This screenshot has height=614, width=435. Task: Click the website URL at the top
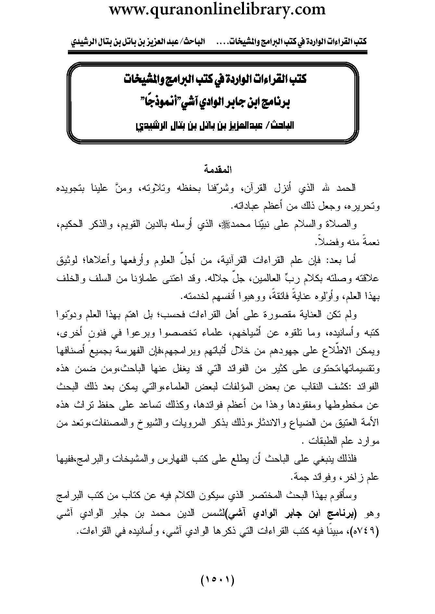[217, 9]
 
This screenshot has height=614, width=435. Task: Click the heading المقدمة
[217, 169]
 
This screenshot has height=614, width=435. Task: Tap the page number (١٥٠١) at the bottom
[218, 579]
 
